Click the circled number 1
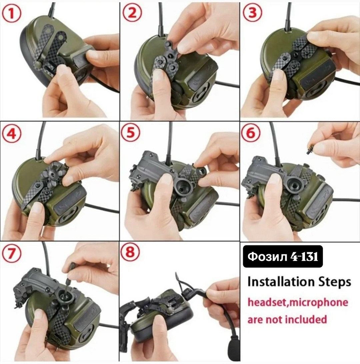pyautogui.click(x=11, y=13)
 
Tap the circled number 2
pyautogui.click(x=132, y=13)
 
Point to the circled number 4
pyautogui.click(x=11, y=134)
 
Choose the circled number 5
pyautogui.click(x=131, y=133)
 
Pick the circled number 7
pyautogui.click(x=11, y=253)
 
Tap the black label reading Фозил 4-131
pyautogui.click(x=283, y=256)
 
